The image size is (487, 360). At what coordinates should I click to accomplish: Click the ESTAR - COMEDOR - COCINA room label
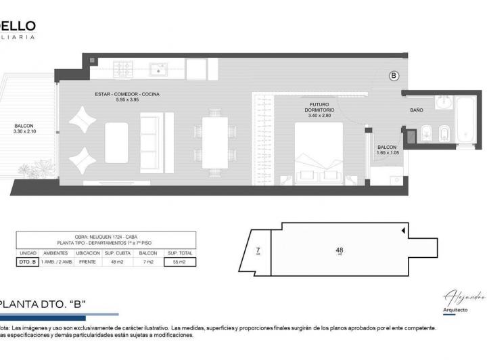[127, 94]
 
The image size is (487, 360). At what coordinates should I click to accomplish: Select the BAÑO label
[417, 110]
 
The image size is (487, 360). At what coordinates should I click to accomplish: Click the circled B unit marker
[394, 76]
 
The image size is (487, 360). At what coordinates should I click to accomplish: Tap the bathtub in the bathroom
[466, 120]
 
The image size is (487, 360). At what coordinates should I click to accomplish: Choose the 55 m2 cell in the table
[179, 261]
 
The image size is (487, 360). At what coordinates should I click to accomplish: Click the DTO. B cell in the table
[28, 261]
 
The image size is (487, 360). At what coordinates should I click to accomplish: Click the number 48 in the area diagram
[340, 250]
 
